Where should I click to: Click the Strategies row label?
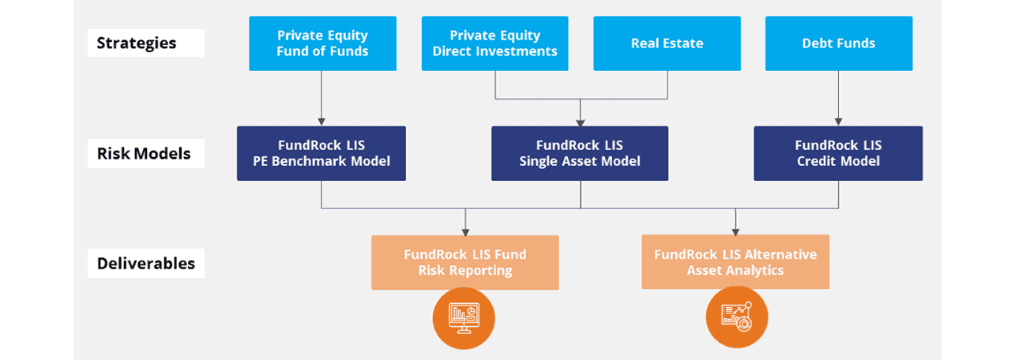click(x=146, y=43)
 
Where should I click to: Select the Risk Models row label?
click(x=146, y=153)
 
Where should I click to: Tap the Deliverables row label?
click(x=146, y=263)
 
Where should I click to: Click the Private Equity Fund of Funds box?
click(x=323, y=43)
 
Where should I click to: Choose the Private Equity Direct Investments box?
click(x=494, y=43)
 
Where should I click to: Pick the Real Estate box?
click(x=667, y=43)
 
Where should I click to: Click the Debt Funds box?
click(x=839, y=43)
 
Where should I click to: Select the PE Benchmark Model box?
click(x=321, y=153)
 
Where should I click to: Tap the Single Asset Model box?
click(x=580, y=153)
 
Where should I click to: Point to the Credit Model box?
click(x=838, y=153)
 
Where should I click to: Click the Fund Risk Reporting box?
click(x=465, y=263)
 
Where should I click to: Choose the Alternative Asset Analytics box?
click(x=735, y=261)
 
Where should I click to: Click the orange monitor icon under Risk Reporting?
click(x=464, y=318)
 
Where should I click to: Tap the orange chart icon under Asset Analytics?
click(x=737, y=317)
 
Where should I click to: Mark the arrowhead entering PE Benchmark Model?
click(x=321, y=122)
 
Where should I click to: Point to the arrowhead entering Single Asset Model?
click(x=581, y=122)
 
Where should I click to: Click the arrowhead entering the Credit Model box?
click(x=839, y=122)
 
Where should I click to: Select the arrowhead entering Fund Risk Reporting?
click(x=465, y=232)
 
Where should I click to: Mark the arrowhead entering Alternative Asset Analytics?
click(x=735, y=232)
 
